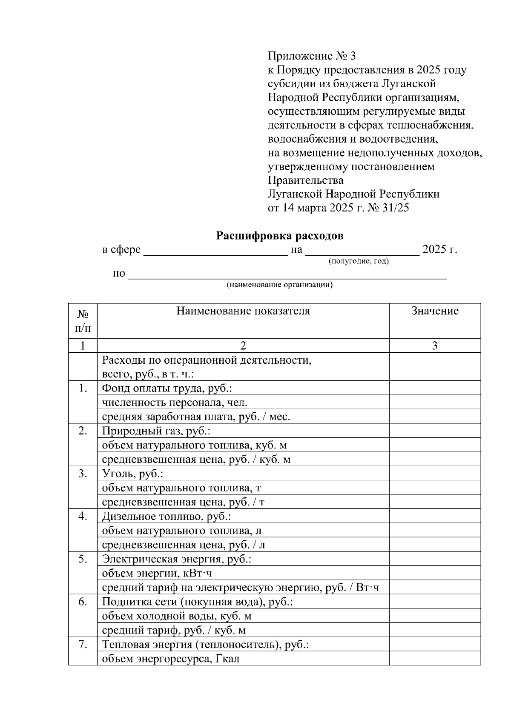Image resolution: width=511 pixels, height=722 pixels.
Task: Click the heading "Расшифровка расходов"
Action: [280, 236]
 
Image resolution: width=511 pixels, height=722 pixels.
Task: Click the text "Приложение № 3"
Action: [311, 56]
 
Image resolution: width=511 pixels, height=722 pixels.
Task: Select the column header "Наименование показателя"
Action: [243, 311]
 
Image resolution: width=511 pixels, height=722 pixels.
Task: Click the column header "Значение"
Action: [435, 311]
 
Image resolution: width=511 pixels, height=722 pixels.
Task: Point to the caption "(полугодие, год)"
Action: [359, 261]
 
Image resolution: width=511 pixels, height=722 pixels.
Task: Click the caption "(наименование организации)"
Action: [279, 285]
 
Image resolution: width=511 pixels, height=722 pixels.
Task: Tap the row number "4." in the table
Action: [83, 516]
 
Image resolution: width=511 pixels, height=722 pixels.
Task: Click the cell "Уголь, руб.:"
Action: [133, 474]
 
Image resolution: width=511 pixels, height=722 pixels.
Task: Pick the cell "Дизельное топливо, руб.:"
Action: [167, 517]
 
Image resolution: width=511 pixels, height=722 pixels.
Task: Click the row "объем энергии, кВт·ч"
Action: [157, 573]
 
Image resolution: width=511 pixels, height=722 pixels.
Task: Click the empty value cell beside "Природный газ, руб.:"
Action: [435, 431]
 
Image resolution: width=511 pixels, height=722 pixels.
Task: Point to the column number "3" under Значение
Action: [435, 345]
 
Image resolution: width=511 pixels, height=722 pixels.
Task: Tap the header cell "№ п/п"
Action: [83, 321]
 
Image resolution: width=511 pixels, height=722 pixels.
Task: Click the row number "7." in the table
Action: [83, 644]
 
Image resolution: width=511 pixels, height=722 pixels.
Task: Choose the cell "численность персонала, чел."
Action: [175, 402]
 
